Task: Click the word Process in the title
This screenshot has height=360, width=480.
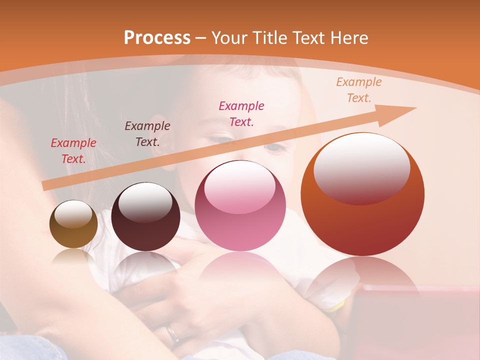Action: (157, 38)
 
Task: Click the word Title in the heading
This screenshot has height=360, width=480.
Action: (270, 38)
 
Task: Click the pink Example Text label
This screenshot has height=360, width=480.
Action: (241, 113)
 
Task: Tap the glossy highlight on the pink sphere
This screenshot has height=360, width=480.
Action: (239, 187)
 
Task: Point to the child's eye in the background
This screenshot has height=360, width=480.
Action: (274, 147)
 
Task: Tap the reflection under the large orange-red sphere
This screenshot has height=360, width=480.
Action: (362, 280)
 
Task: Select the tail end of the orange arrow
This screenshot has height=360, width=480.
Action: (45, 186)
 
